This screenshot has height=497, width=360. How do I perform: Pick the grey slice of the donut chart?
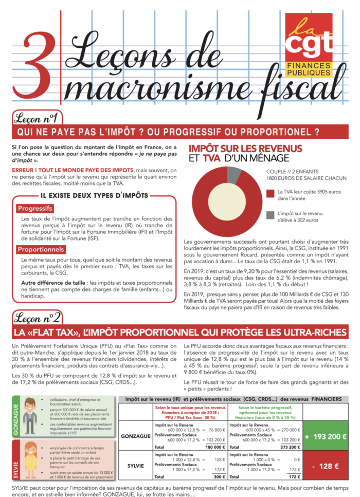(234, 175)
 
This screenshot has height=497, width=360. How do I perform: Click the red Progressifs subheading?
(35, 209)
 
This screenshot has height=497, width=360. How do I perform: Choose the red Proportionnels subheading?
(41, 250)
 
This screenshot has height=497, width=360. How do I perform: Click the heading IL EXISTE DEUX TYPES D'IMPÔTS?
(94, 195)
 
